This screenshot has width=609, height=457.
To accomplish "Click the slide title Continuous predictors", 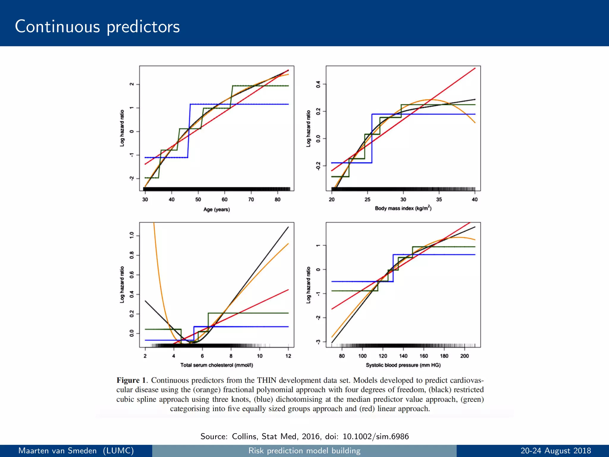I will [x=97, y=27].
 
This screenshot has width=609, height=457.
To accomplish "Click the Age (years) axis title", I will [x=216, y=209].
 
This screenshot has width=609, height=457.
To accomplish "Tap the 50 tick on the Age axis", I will [x=198, y=200].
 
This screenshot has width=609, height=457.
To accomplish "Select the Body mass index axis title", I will [x=403, y=208].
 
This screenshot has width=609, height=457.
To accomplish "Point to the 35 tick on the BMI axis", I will [x=439, y=200].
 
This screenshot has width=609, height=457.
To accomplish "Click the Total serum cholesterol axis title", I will [x=216, y=365].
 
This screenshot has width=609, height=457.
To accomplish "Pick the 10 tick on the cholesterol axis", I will [x=260, y=356].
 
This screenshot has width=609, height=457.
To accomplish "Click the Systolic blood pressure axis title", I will [x=403, y=365].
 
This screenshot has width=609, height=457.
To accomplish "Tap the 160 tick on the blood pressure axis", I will [x=424, y=356].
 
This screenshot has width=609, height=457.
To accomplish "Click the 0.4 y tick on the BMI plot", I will [x=318, y=84].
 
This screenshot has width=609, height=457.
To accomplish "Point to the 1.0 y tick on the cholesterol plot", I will [x=132, y=236].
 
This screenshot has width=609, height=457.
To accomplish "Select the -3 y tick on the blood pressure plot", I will [x=318, y=342].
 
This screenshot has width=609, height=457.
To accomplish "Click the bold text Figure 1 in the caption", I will [x=132, y=380].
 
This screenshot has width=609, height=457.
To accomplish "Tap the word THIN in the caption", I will [x=267, y=380].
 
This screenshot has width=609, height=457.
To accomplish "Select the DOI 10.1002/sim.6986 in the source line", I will [x=376, y=436].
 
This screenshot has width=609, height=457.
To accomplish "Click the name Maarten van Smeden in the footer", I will [x=57, y=451].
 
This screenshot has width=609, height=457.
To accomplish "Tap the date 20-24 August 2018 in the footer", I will [x=555, y=451].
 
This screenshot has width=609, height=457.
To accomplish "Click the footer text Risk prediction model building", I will [x=304, y=451].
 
